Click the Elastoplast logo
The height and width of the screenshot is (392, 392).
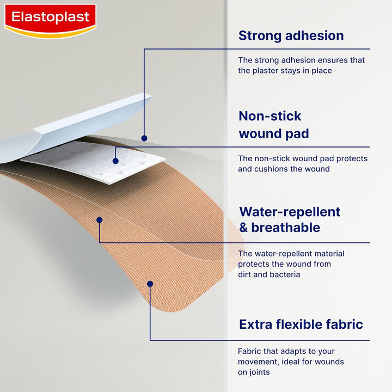(50, 20)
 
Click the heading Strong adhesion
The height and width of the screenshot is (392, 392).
(291, 36)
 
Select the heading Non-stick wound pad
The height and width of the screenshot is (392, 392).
(273, 125)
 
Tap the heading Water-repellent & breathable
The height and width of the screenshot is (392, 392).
(290, 219)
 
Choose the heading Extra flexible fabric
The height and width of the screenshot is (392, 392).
(301, 325)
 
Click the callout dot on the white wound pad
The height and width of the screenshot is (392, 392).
(115, 161)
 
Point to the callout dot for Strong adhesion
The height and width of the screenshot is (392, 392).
(144, 138)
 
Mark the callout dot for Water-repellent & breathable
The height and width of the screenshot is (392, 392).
(99, 220)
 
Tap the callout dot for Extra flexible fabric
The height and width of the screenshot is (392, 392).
(150, 284)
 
